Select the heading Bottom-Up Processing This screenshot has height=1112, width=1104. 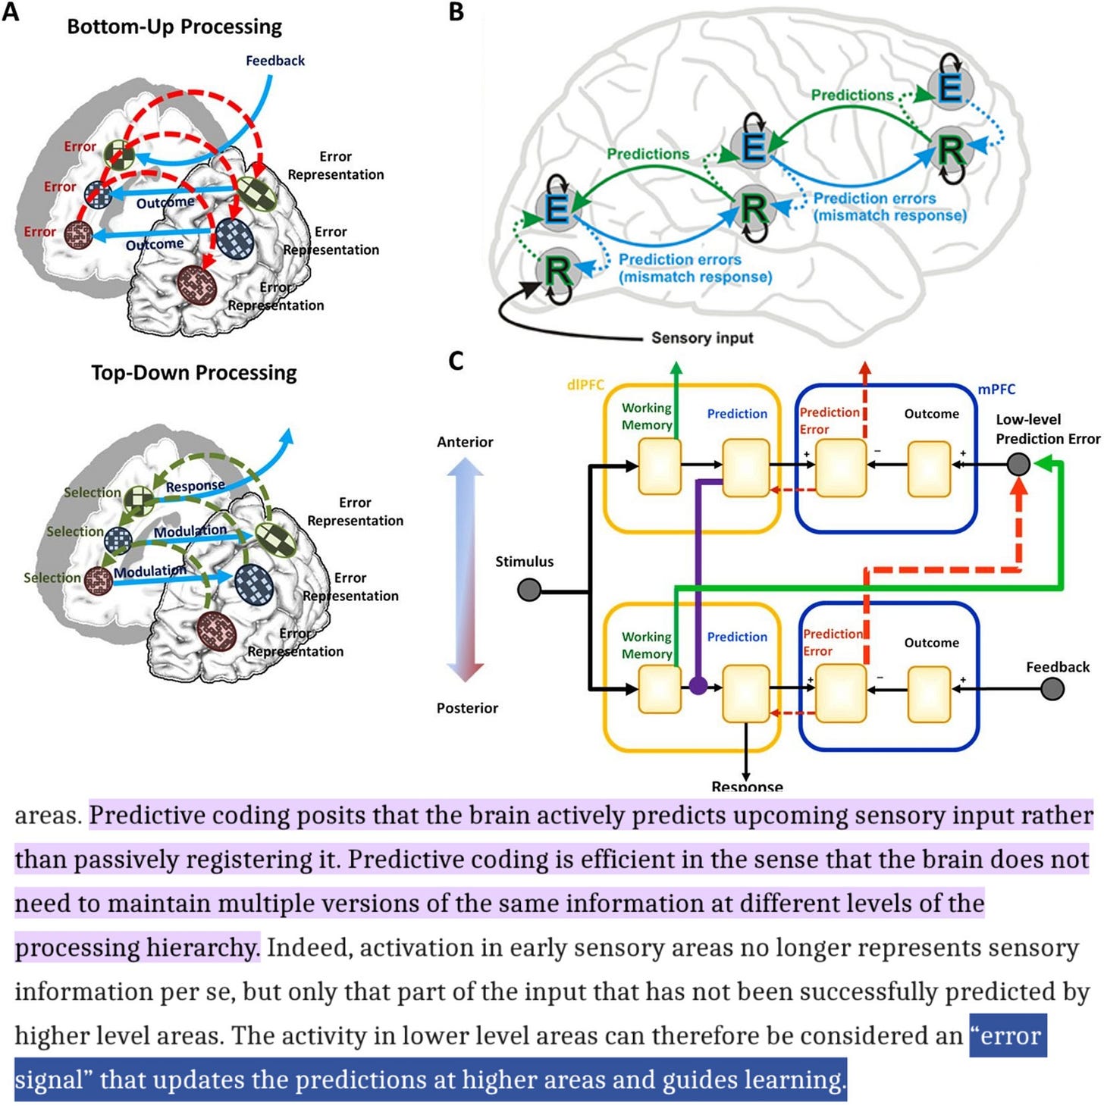tap(174, 27)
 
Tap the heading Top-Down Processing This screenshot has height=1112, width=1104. tap(194, 373)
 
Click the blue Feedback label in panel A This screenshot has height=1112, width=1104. tap(274, 61)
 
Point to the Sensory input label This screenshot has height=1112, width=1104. tap(702, 338)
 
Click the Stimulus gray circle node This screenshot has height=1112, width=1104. tap(528, 589)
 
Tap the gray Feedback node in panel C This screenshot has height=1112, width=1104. tap(1052, 689)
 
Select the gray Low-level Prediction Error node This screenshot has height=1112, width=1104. tap(1018, 464)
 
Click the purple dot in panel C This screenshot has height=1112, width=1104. tap(698, 686)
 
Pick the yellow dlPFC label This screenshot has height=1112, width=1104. tap(585, 385)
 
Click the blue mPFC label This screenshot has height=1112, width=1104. tap(996, 390)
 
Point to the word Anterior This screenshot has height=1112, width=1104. tap(465, 442)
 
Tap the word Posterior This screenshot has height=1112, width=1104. tap(467, 708)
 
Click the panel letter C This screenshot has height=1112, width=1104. tap(456, 361)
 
